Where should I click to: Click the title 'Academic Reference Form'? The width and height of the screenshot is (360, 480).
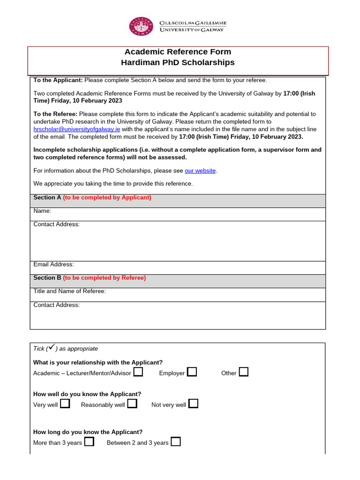(178, 52)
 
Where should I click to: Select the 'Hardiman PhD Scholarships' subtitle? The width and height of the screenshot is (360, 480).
(178, 63)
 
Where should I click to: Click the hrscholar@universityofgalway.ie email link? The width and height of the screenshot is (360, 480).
(77, 129)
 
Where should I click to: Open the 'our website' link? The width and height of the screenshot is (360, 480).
(200, 171)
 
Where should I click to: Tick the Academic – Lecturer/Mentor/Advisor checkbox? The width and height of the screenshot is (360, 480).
(138, 372)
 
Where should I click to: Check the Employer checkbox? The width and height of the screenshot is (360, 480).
(192, 372)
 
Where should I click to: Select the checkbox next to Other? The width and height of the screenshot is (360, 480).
(243, 372)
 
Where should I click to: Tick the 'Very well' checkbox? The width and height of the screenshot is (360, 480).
(65, 404)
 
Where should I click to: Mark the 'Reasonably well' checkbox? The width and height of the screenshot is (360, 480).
(132, 404)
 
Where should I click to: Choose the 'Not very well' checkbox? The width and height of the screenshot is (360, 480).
(193, 404)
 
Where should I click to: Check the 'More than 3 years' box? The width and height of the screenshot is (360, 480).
(89, 442)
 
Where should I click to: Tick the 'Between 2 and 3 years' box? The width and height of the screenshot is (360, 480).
(176, 442)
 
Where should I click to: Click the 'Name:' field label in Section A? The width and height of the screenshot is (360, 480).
(42, 211)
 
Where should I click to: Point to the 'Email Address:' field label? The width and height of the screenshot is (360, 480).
(53, 265)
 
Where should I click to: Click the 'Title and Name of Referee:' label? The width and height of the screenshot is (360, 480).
(69, 292)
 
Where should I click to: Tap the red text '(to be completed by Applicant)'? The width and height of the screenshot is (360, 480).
(107, 198)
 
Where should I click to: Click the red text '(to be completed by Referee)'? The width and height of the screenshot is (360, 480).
(105, 278)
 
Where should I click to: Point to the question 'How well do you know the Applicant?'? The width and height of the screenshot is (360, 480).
(87, 394)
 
